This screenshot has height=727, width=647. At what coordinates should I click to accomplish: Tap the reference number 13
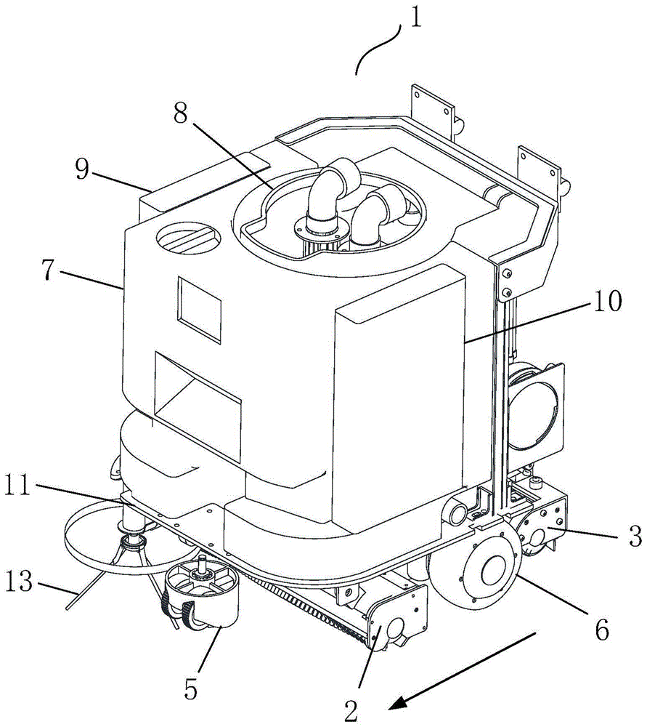pyautogui.click(x=21, y=583)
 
